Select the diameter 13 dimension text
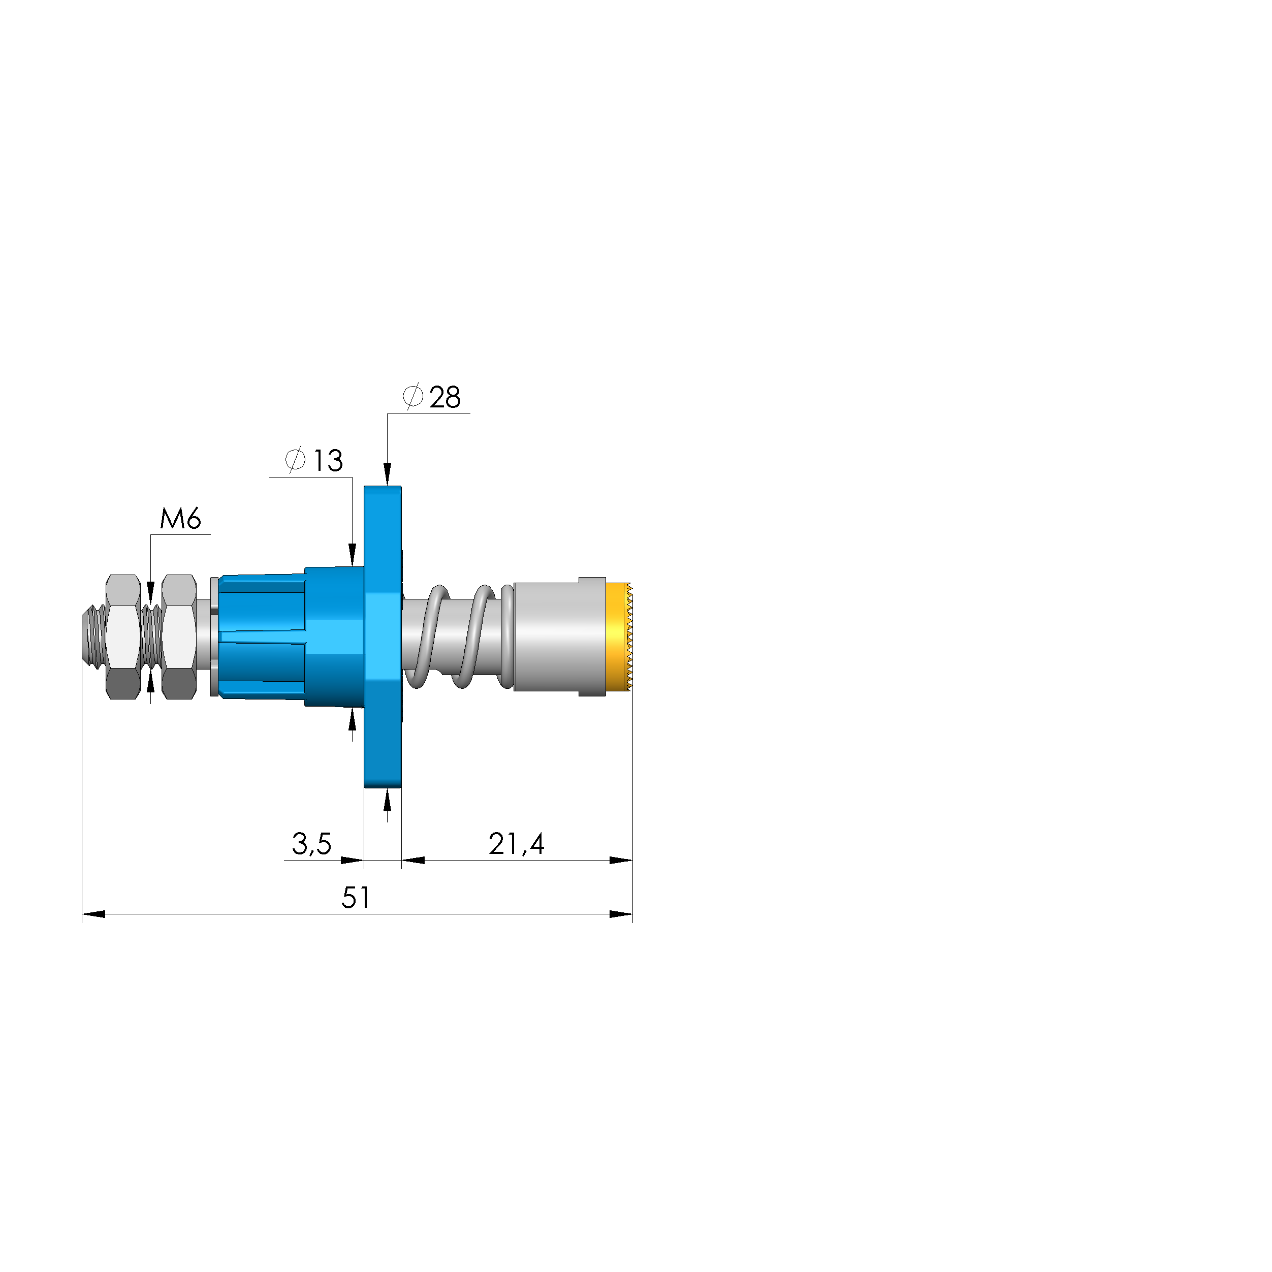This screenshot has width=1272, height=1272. click(x=314, y=460)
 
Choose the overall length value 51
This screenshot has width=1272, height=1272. click(x=356, y=898)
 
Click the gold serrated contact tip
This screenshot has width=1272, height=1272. click(x=619, y=637)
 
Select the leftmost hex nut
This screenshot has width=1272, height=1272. click(x=123, y=637)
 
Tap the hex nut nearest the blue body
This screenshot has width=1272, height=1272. click(x=179, y=637)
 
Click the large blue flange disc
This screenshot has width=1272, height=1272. click(x=383, y=637)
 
